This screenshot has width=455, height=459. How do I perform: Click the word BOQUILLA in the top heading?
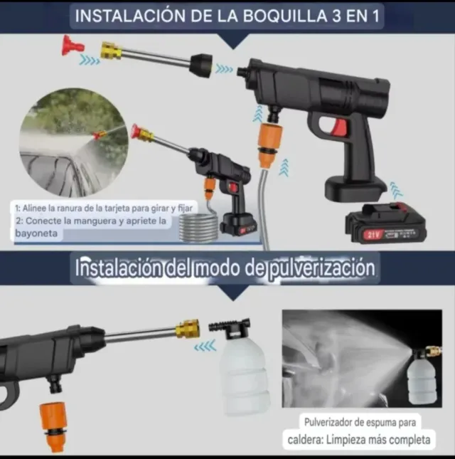267,16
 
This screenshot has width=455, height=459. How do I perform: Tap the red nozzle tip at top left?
73,48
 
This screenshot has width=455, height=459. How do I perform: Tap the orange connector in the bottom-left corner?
52,426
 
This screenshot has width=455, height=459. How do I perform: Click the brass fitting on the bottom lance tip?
188,329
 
